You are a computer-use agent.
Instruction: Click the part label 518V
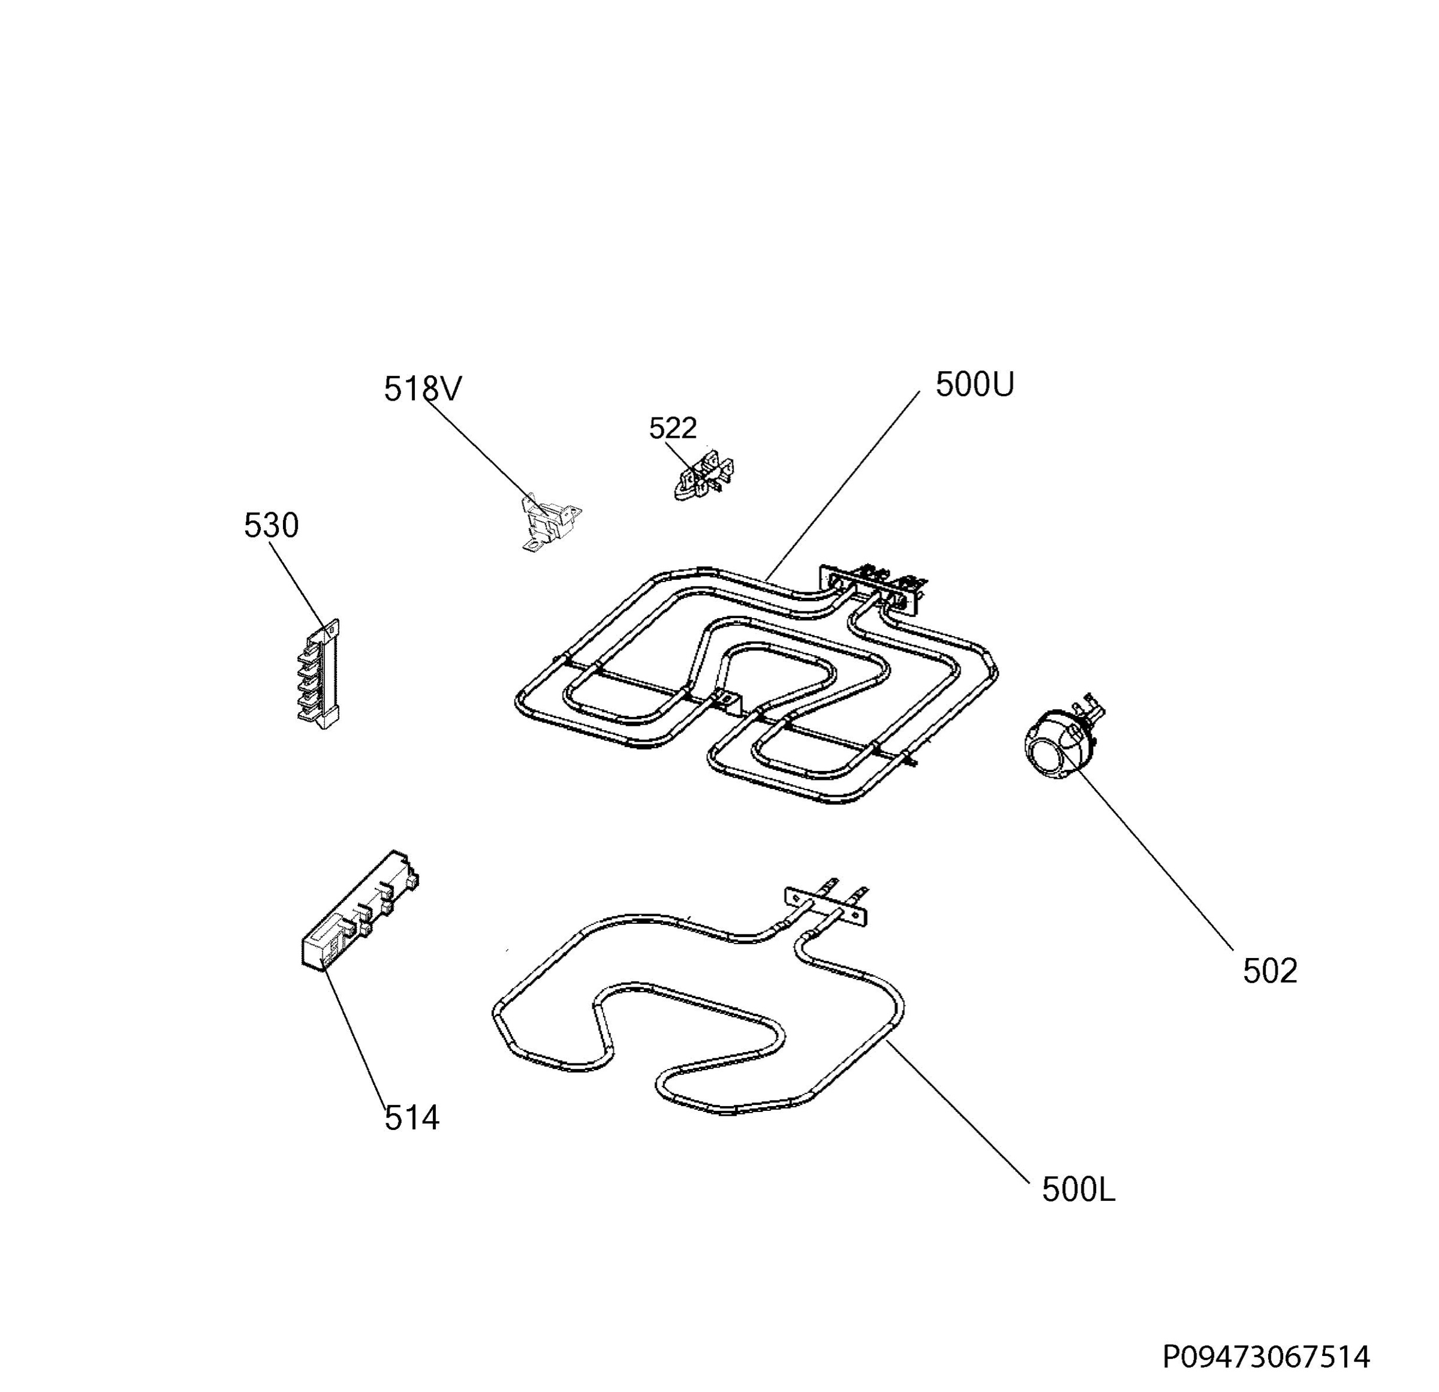click(x=423, y=389)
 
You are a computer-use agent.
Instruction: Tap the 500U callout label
click(x=974, y=384)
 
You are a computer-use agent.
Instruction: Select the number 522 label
click(x=673, y=428)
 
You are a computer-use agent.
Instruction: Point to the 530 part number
click(x=271, y=526)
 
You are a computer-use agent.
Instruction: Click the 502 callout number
click(x=1270, y=971)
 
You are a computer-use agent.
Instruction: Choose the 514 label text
click(x=412, y=1118)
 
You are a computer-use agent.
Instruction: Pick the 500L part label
click(x=1079, y=1190)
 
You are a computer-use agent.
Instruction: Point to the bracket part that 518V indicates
click(x=549, y=522)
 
